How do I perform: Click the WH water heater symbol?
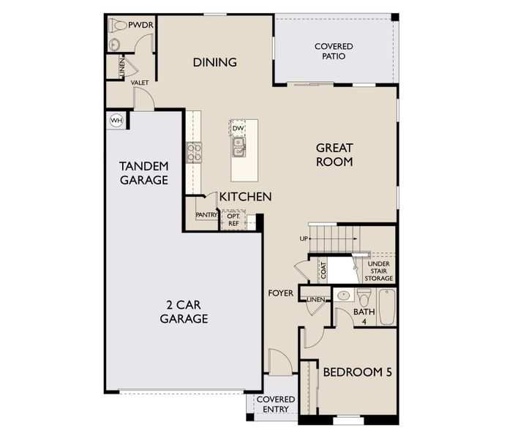click(x=116, y=120)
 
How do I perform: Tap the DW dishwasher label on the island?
click(x=238, y=129)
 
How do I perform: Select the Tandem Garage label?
click(x=144, y=173)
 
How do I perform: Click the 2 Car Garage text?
click(x=184, y=312)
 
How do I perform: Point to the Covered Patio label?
click(x=334, y=51)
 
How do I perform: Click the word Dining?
click(x=215, y=62)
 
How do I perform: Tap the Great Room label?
click(x=334, y=154)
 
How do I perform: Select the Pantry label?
click(x=207, y=215)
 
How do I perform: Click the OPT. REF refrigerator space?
click(x=233, y=220)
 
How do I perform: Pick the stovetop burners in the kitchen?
click(x=195, y=152)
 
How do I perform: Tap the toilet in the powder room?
click(x=119, y=26)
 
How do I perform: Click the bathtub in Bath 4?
click(x=386, y=307)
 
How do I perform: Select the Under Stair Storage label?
click(x=379, y=271)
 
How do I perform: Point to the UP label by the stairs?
click(x=304, y=239)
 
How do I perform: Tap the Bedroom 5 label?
click(x=358, y=372)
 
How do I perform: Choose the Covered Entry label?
click(x=275, y=404)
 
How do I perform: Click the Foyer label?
click(x=280, y=293)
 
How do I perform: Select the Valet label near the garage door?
click(x=140, y=83)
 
